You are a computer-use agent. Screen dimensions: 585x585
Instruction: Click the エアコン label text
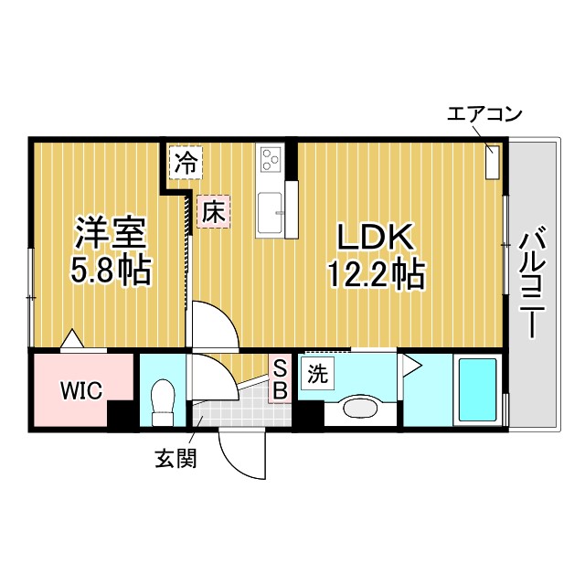tap(484, 115)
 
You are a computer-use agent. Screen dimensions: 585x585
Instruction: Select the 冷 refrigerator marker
tap(186, 165)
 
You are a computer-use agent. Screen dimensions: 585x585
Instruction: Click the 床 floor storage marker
tap(213, 213)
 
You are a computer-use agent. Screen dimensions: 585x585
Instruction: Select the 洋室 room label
tap(109, 234)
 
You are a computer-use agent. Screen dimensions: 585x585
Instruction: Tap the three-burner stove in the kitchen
tap(271, 159)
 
